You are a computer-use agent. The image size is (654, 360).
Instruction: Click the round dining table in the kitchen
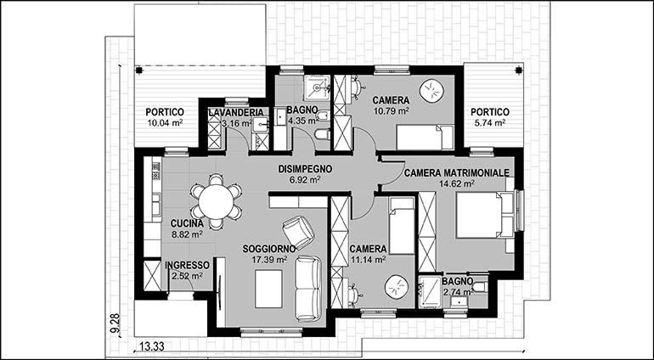point(216,202)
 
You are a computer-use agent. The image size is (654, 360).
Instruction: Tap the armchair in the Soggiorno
point(298,233)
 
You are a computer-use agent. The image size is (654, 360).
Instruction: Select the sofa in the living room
point(308,289)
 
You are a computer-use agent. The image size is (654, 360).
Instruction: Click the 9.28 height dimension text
point(116,323)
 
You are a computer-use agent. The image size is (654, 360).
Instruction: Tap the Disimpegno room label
point(305,169)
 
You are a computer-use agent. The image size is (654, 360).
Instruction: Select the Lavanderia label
point(236,113)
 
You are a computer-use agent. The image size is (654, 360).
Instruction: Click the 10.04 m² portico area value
point(165,122)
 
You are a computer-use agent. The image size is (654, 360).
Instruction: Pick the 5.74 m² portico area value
point(490,122)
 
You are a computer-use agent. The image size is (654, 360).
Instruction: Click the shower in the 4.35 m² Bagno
point(318,87)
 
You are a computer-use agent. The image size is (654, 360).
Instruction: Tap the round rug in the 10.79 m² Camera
point(431,91)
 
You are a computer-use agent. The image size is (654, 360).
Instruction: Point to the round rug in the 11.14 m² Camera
point(397,287)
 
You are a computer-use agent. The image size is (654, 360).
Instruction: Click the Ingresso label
point(187,266)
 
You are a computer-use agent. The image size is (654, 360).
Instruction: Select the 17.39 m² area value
point(269,260)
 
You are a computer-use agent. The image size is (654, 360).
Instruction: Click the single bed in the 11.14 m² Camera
point(402,226)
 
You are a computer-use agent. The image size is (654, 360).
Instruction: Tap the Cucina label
point(187,224)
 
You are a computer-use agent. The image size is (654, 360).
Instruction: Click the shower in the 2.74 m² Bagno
point(430,292)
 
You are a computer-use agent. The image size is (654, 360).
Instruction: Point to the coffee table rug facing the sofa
point(269,289)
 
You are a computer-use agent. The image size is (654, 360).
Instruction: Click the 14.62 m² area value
point(457,183)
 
